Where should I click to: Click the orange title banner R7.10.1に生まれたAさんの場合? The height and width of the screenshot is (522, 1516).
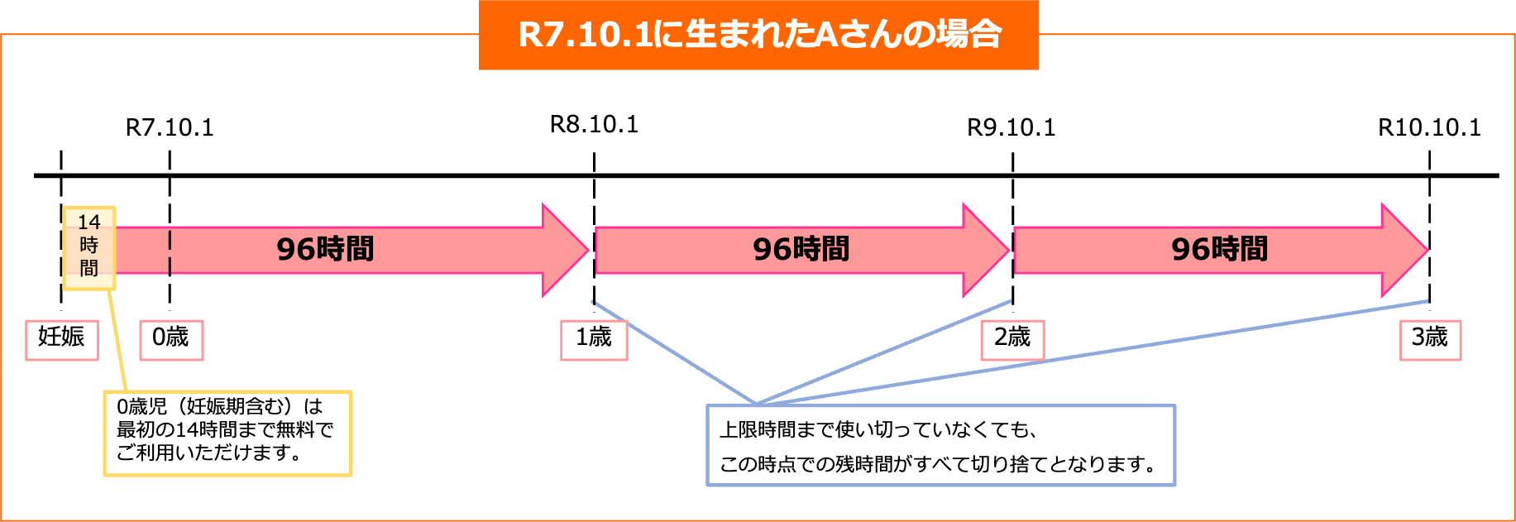tap(758, 35)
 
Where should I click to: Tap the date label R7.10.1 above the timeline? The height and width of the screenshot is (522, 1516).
tap(170, 127)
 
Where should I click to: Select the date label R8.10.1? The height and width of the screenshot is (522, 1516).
tap(594, 124)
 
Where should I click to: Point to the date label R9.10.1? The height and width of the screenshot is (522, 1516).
tap(1011, 127)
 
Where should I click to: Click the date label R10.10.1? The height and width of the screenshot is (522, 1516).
tap(1429, 127)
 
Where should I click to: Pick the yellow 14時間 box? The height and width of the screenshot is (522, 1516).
tap(89, 247)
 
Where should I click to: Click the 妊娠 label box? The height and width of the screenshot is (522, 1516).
tap(62, 339)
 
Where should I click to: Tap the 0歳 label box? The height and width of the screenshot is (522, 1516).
tap(171, 339)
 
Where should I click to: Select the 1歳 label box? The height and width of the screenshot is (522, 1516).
tap(594, 339)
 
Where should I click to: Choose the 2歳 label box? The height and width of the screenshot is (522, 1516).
tap(1012, 339)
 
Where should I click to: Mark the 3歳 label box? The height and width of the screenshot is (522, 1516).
tap(1430, 339)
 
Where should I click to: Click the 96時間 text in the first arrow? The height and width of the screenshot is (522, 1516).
tap(325, 249)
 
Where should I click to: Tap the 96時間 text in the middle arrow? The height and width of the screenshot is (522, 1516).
tap(801, 249)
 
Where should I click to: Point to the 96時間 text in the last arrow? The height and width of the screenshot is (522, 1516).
tap(1219, 249)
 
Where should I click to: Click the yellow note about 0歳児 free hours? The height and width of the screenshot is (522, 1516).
tap(227, 433)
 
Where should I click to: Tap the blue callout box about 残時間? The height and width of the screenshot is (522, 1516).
tap(940, 445)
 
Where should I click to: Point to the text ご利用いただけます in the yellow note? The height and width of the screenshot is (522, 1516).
tap(208, 453)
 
